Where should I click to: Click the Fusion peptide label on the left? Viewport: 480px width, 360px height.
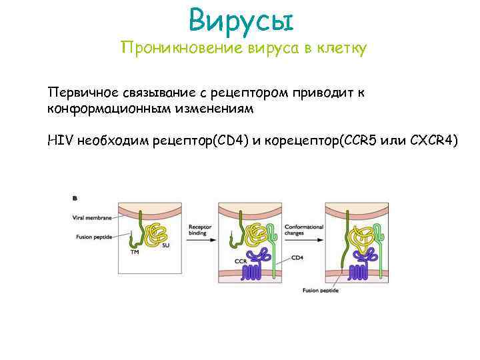[x=91, y=236]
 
